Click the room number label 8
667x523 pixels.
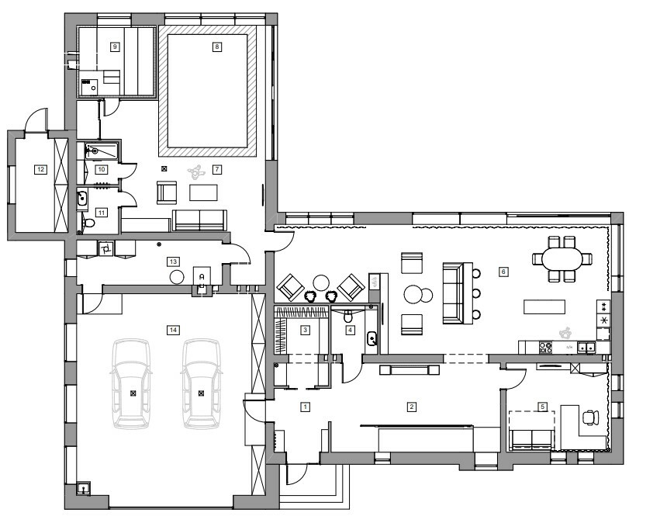pos(217,47)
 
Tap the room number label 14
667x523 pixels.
pos(173,330)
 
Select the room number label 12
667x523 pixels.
pos(40,169)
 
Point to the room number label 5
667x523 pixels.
pos(542,407)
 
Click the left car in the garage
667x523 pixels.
pos(133,383)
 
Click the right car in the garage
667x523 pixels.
pos(201,383)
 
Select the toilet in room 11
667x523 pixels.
pos(88,223)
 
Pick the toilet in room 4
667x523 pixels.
pos(348,316)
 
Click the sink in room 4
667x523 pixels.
pos(372,339)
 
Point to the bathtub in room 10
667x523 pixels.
pos(102,151)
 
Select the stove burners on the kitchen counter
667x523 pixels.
pos(545,348)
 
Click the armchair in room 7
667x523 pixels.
pos(166,192)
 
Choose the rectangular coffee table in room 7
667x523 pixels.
pos(203,192)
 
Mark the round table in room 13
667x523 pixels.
pos(177,278)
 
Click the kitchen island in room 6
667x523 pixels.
pos(544,307)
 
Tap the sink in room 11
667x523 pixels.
pos(81,199)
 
